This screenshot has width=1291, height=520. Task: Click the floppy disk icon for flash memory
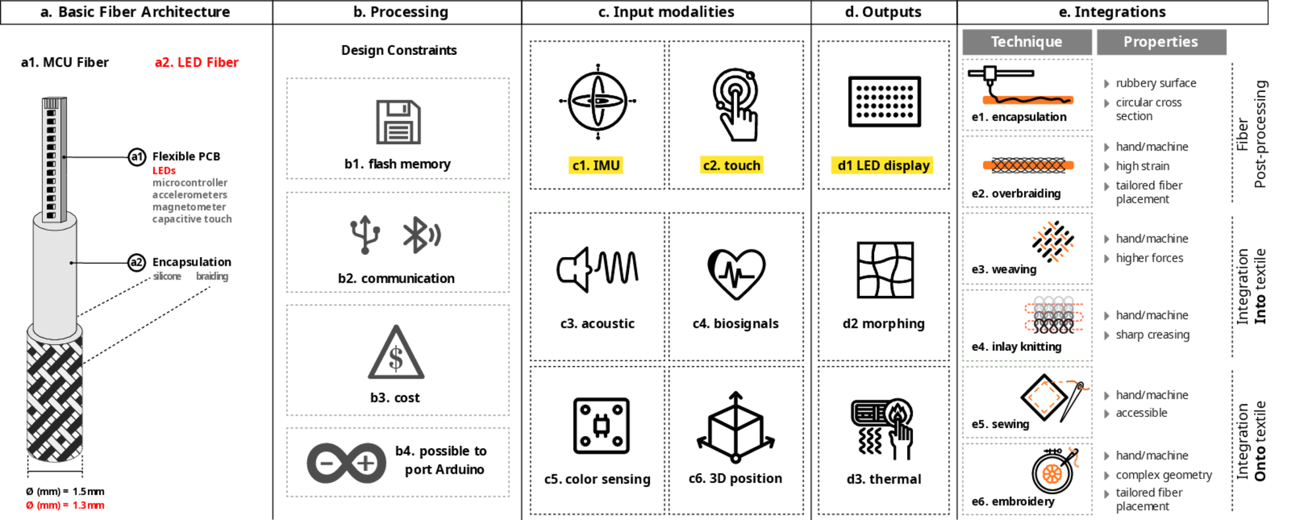click(398, 122)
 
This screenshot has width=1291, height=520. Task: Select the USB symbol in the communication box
click(365, 235)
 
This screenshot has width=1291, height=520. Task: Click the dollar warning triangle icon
click(396, 353)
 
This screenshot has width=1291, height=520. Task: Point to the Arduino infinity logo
click(346, 463)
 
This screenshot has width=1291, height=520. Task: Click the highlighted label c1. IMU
click(596, 165)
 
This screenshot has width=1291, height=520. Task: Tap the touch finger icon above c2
click(735, 104)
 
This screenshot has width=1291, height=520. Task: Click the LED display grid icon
click(884, 101)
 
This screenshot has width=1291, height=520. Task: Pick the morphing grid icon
click(885, 270)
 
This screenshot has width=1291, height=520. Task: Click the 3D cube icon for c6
click(735, 427)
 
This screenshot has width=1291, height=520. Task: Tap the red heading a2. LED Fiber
click(196, 62)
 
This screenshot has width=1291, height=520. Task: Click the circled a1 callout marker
click(137, 157)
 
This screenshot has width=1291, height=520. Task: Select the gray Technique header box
click(1027, 42)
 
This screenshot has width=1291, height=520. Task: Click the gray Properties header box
click(1161, 42)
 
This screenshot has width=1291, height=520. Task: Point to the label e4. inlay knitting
click(1016, 346)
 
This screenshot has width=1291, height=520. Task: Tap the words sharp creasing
click(1152, 334)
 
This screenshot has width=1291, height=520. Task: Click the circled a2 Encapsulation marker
click(136, 262)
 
